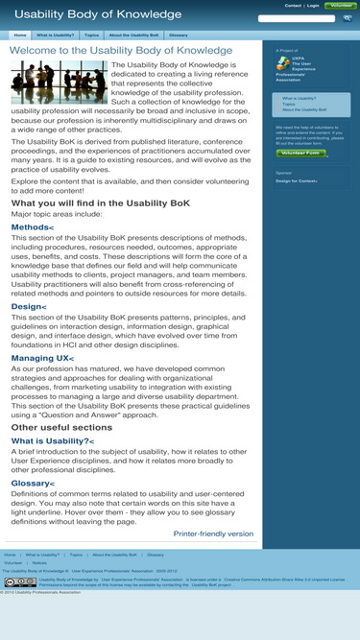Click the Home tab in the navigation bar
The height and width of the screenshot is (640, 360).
(19, 35)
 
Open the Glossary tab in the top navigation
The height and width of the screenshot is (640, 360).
(178, 35)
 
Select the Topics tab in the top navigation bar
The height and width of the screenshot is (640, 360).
(91, 35)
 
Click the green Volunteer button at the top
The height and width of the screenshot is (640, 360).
(341, 6)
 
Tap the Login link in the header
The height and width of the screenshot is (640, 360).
(313, 6)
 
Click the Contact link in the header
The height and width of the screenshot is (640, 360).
(293, 6)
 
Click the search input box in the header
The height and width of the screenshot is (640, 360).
(297, 18)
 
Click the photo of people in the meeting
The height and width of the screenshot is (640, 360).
(46, 82)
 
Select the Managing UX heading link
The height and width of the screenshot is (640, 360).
(42, 358)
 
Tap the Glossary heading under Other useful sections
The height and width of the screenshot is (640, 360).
(33, 483)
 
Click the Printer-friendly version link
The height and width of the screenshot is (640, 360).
(213, 533)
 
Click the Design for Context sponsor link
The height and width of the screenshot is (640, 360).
(297, 180)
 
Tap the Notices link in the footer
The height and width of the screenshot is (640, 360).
(39, 562)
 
